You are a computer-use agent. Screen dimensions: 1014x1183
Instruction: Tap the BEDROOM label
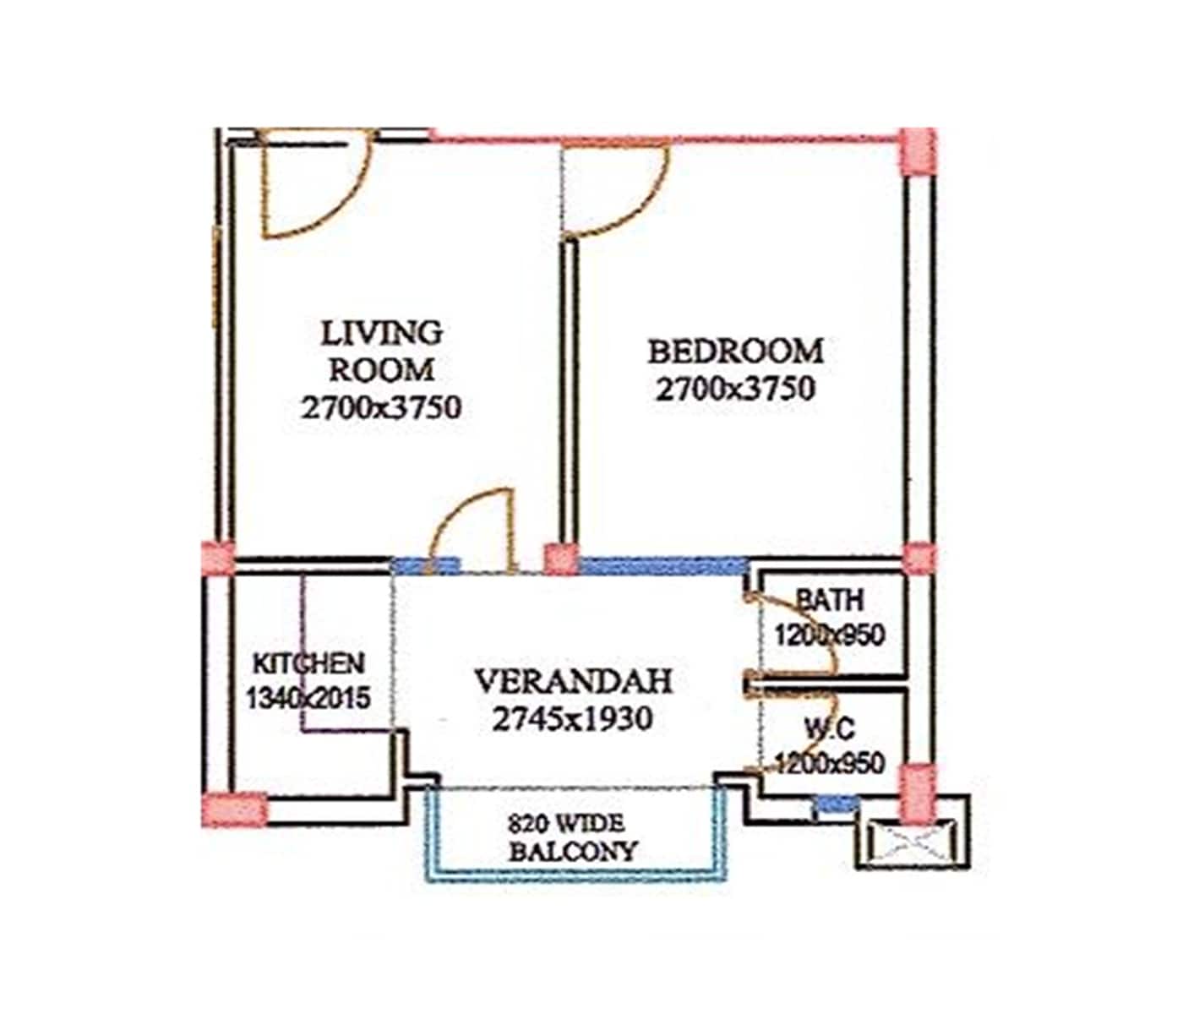(x=735, y=351)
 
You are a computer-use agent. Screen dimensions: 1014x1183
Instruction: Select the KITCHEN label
(x=308, y=663)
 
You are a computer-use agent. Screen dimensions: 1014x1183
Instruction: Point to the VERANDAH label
(x=573, y=681)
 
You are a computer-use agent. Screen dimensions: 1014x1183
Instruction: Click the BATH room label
(x=830, y=600)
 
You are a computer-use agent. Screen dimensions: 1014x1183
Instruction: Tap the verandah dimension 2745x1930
(x=572, y=719)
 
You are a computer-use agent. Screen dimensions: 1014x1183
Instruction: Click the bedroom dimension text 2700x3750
(x=735, y=389)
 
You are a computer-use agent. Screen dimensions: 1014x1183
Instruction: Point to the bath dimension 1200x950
(x=830, y=635)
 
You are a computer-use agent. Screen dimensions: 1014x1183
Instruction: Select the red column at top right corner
(x=918, y=150)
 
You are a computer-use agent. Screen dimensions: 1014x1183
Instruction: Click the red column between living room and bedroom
(x=559, y=559)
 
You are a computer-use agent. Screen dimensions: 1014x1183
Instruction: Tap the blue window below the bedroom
(x=662, y=565)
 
